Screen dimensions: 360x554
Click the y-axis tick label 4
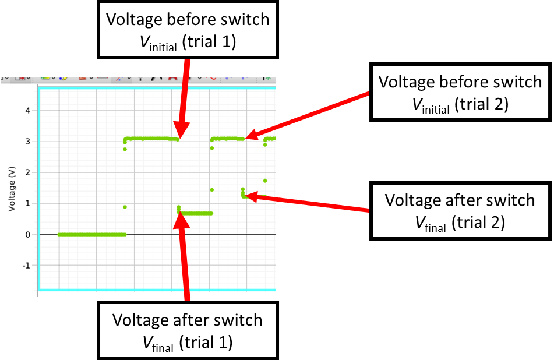coord(27,110)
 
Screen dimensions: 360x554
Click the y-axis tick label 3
coord(27,141)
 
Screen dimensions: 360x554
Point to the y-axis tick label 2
coord(27,172)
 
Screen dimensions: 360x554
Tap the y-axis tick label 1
coord(27,203)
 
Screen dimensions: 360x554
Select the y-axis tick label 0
coord(27,234)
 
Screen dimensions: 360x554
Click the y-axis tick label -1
coord(26,265)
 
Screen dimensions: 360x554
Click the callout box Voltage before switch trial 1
coord(186,30)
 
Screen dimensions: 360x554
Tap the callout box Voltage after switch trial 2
coord(460,210)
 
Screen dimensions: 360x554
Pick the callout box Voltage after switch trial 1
coord(187,330)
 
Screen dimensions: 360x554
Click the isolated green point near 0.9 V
coord(125,207)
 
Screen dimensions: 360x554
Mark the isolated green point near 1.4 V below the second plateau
coord(212,190)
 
